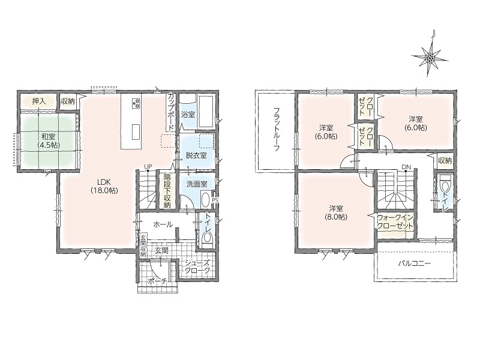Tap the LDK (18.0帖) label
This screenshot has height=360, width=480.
(104, 186)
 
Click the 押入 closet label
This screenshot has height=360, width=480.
(39, 101)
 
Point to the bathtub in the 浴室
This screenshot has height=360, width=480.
(206, 112)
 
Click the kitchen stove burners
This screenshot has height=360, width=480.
(136, 103)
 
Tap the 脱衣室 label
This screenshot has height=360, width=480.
(196, 155)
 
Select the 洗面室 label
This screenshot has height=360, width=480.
(197, 184)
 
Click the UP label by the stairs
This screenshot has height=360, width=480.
(148, 167)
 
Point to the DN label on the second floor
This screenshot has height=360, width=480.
(406, 167)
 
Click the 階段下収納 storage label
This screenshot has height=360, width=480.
(167, 191)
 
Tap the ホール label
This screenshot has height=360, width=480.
(163, 224)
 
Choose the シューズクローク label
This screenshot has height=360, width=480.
(197, 266)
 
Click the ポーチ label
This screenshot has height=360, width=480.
(157, 281)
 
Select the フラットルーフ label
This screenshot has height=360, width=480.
(277, 130)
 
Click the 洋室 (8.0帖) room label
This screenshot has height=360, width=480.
(336, 213)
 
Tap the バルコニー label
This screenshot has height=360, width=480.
(415, 263)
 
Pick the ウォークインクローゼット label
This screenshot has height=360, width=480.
(395, 222)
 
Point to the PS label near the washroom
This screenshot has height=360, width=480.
(215, 200)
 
